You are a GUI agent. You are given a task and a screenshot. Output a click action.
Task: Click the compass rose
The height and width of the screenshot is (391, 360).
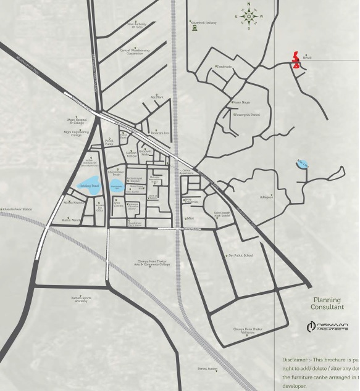click(249, 17)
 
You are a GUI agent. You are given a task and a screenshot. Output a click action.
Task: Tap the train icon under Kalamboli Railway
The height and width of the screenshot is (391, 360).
click(195, 28)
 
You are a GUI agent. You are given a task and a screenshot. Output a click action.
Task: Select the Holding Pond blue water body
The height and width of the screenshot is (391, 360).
click(88, 184)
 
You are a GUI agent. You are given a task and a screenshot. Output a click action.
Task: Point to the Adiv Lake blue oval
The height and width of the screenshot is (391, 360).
click(302, 164)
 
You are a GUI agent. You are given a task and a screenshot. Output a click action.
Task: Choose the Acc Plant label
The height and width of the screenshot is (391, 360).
click(157, 97)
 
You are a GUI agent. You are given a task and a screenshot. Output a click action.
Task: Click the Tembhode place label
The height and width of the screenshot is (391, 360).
click(224, 67)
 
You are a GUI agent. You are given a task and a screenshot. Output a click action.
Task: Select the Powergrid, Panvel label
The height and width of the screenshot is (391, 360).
click(247, 115)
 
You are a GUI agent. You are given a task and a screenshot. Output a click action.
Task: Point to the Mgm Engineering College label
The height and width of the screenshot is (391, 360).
click(76, 133)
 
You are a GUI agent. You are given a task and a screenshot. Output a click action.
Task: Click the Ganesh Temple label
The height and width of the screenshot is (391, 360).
click(132, 155)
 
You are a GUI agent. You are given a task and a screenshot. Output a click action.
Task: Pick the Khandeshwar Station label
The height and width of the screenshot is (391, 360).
click(17, 210)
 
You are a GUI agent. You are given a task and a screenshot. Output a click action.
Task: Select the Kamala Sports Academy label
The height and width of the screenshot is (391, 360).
click(80, 299)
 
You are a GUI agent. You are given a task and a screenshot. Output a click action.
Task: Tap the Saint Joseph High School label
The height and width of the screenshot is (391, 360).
click(222, 214)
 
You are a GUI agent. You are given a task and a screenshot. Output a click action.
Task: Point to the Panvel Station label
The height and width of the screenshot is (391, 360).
click(207, 369)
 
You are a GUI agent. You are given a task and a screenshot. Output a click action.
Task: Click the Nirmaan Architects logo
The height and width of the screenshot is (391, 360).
click(327, 326)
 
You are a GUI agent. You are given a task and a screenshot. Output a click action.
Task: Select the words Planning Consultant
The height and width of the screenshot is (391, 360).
click(327, 303)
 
